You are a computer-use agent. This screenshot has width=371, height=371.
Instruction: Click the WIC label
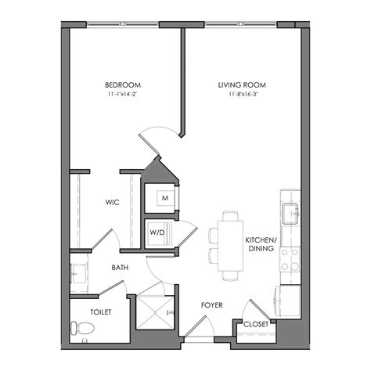[x=112, y=202]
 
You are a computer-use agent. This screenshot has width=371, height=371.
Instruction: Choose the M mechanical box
[x=165, y=199]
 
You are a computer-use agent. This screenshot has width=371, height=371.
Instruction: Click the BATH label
[x=120, y=268]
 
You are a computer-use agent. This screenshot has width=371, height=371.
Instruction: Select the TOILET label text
[x=101, y=312]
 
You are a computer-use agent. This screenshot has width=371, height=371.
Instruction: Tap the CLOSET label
[x=257, y=323]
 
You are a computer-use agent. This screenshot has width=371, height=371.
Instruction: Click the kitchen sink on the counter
[x=290, y=212]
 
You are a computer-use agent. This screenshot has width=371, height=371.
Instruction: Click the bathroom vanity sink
[x=77, y=273]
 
